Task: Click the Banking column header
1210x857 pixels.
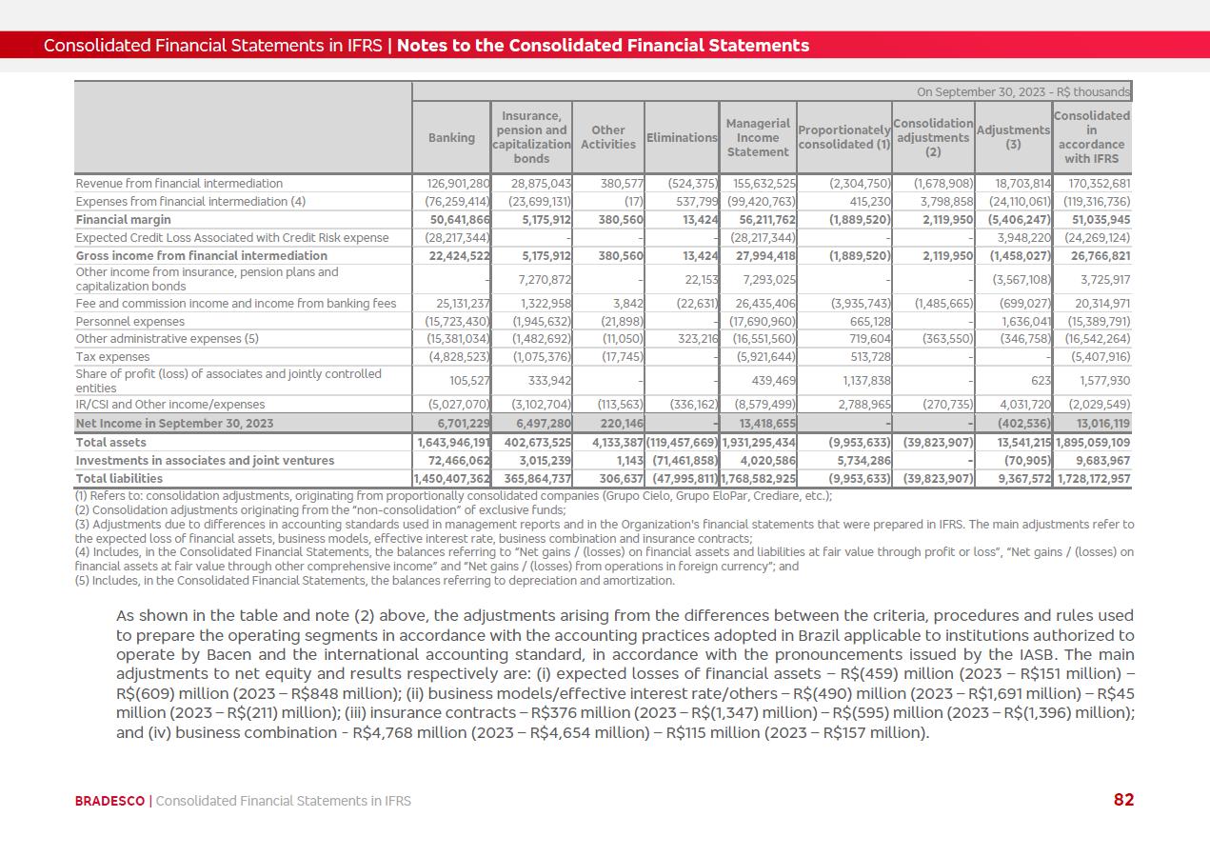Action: pos(451,137)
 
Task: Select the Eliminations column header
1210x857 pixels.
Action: pos(682,137)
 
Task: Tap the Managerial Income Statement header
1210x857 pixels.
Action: pos(758,137)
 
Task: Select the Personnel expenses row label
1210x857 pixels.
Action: pos(130,321)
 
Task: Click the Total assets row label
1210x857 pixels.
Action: pos(111,442)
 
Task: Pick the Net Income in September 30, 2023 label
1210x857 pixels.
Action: pos(174,423)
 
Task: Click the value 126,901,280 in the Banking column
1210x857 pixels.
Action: pos(452,183)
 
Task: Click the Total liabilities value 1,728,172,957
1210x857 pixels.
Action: pos(1094,478)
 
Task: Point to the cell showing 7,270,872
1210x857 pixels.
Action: pos(541,279)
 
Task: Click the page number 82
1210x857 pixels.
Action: pos(1123,800)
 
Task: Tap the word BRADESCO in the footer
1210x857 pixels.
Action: pos(109,801)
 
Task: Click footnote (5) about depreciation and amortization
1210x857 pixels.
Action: pos(375,580)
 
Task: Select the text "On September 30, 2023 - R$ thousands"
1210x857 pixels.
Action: pos(1022,92)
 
